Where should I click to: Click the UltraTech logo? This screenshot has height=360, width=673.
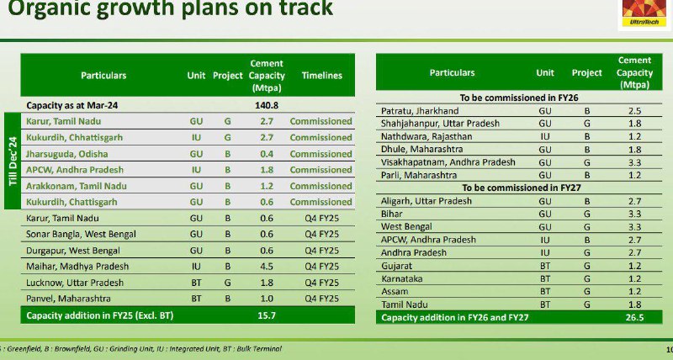point(644,13)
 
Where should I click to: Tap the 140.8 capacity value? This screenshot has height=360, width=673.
point(267,105)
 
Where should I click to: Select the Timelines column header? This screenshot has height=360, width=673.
point(322,76)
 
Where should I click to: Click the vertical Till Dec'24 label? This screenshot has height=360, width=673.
point(13,161)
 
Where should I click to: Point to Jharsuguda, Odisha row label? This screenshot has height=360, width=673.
point(67,154)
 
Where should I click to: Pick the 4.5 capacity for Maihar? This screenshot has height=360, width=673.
point(267,267)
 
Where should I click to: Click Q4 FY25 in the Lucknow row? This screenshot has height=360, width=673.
point(322,283)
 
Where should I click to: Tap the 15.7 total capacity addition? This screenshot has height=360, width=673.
point(267,315)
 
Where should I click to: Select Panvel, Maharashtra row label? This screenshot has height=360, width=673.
point(68,299)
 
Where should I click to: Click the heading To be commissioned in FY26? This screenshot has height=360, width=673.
point(519,98)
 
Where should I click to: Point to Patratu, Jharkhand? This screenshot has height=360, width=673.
point(420,111)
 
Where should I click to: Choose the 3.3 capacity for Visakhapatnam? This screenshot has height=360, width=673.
point(634,162)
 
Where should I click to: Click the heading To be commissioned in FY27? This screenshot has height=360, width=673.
point(521,188)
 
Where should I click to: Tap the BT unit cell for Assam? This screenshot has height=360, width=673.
point(545,292)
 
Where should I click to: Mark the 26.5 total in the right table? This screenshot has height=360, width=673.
point(634,317)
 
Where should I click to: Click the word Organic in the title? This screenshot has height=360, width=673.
point(48,8)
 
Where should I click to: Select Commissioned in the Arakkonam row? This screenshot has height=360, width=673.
point(321,186)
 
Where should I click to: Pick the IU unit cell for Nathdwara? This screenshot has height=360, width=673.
point(545,136)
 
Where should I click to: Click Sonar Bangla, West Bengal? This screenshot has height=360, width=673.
point(81,235)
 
